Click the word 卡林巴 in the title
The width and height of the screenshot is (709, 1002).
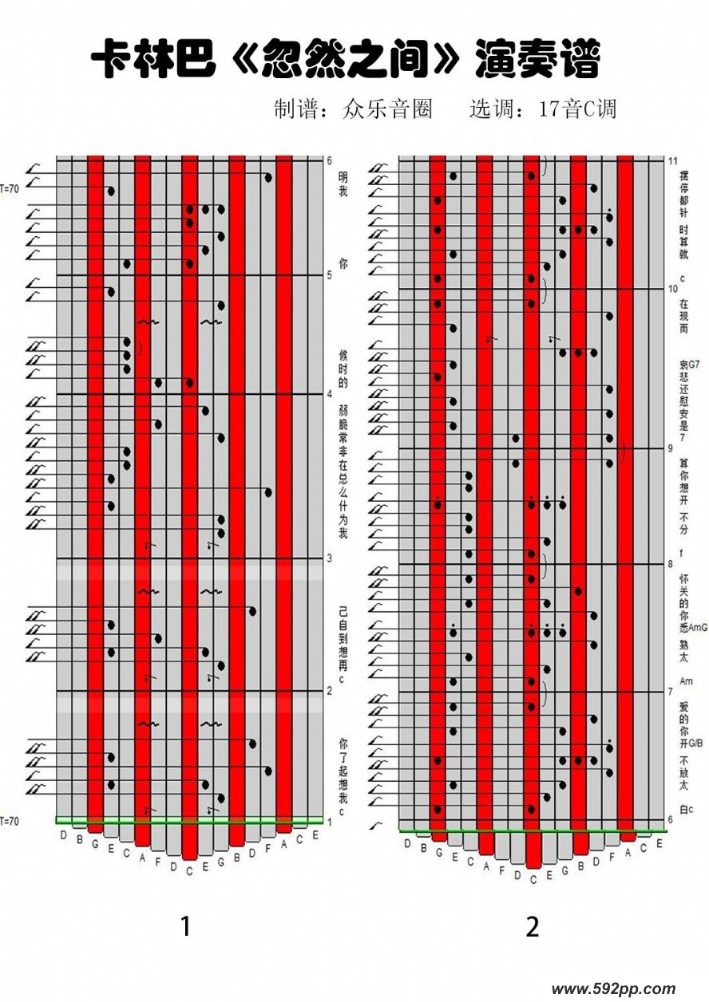coord(153,61)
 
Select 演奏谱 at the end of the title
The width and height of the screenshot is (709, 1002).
coord(536,61)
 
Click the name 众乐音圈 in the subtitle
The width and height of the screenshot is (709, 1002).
coord(386,108)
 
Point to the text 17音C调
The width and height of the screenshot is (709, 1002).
coord(577,108)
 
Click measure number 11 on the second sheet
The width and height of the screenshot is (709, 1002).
coord(673,160)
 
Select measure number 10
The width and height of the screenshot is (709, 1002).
coord(673,289)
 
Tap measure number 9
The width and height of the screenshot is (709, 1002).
coord(671,448)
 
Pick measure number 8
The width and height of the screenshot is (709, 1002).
coord(671,564)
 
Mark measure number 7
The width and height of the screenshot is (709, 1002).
coord(671,692)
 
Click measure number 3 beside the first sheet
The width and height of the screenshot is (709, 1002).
coord(329,558)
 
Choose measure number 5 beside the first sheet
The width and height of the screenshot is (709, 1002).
coord(329,275)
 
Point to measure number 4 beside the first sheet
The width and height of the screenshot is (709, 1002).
coord(329,393)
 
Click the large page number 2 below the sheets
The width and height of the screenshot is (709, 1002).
coord(533,926)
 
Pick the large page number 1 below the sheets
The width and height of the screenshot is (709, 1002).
coord(186,926)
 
